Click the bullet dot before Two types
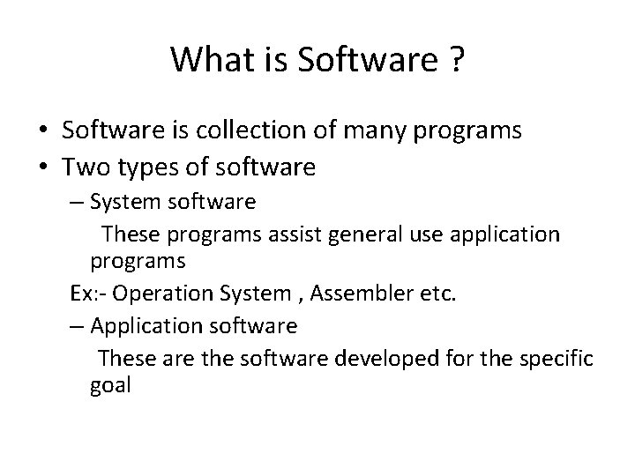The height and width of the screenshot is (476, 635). click(42, 166)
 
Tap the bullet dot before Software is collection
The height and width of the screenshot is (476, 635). click(42, 132)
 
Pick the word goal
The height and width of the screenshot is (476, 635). click(109, 385)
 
